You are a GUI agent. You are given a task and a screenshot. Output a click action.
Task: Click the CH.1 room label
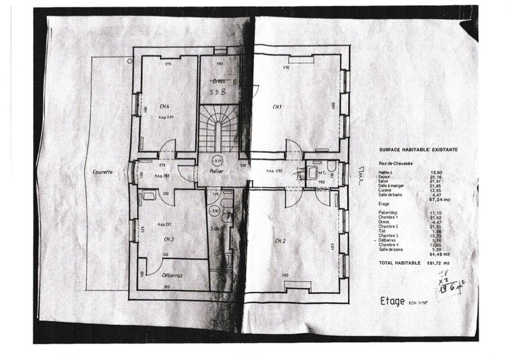point(277,106)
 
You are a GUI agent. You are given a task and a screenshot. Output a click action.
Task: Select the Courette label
point(102,172)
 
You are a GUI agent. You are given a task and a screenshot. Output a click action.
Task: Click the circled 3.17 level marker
point(217,161)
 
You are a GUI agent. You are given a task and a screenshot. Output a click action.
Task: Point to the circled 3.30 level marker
point(215,210)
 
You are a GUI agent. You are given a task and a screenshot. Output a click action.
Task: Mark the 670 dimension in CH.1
point(287,67)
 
